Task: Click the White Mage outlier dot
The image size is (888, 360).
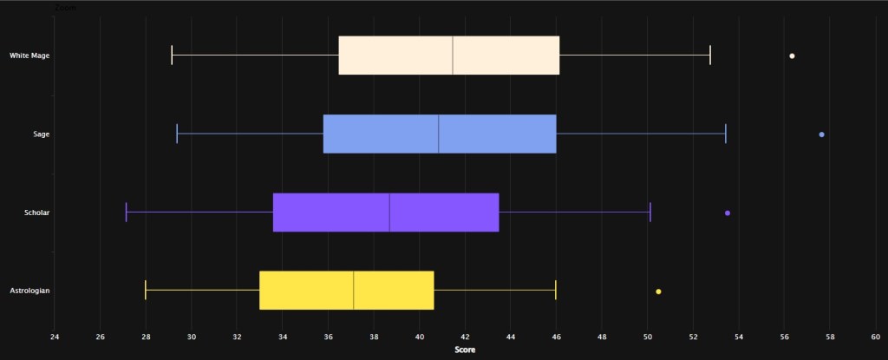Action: tap(792, 56)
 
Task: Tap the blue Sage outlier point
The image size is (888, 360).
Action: tap(821, 134)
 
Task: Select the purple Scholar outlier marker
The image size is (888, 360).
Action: tap(728, 213)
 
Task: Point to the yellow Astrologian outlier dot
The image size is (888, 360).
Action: tap(658, 291)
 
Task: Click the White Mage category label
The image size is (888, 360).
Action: tap(29, 56)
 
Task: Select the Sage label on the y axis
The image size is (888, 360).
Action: tap(41, 134)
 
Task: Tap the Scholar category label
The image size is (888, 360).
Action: tap(36, 213)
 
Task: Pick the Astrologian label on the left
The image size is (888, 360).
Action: tap(29, 291)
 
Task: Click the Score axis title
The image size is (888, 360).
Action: tap(465, 350)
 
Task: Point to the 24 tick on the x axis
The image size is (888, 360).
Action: tap(55, 337)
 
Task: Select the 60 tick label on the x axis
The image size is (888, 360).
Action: tap(875, 337)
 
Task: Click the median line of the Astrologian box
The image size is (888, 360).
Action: tap(354, 291)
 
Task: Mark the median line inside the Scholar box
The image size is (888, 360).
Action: tap(389, 213)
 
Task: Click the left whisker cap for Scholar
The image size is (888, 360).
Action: tap(127, 213)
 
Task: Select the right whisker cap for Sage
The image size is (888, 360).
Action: tap(725, 134)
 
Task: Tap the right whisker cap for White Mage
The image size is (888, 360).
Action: tap(710, 56)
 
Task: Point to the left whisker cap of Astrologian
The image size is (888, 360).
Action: tap(146, 291)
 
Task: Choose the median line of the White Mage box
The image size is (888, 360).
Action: tap(453, 56)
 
